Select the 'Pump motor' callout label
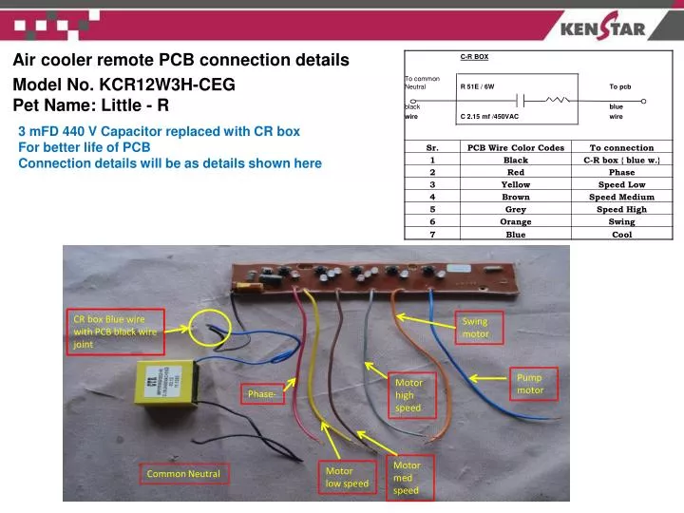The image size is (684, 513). coord(530,384)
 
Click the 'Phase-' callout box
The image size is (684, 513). coord(263,394)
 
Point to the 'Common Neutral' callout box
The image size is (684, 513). coord(182,474)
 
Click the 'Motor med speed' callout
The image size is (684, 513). coord(406,478)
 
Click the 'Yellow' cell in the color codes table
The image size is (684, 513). coord(516,184)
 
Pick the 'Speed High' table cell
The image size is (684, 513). coord(621,209)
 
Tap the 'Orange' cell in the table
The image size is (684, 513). coord(516,221)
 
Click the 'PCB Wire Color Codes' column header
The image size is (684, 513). coord(516,147)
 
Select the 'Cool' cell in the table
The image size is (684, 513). coord(621,234)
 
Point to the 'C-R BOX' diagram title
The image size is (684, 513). coord(474,57)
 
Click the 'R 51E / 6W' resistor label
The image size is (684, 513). coord(477,86)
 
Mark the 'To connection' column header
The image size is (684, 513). coord(621,147)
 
